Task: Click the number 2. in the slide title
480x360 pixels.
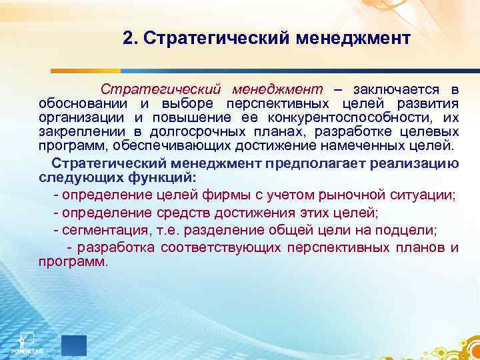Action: (130, 38)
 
